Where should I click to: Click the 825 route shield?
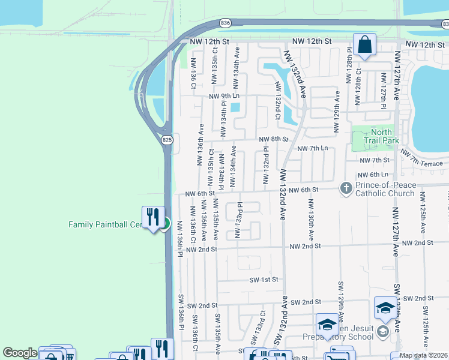(x=167, y=139)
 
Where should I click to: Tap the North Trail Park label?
(x=381, y=136)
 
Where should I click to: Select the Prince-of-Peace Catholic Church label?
(x=385, y=189)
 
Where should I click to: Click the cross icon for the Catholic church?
(x=346, y=188)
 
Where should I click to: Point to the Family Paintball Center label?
(x=105, y=224)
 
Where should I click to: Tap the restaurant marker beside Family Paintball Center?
(x=152, y=216)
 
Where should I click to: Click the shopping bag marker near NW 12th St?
(x=364, y=44)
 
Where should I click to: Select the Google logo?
(x=20, y=353)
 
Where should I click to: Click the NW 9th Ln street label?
(x=224, y=96)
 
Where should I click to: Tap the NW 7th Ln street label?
(x=312, y=148)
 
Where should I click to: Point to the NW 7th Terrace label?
(x=427, y=160)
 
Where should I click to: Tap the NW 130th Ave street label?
(x=312, y=223)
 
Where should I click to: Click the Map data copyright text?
(x=423, y=355)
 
